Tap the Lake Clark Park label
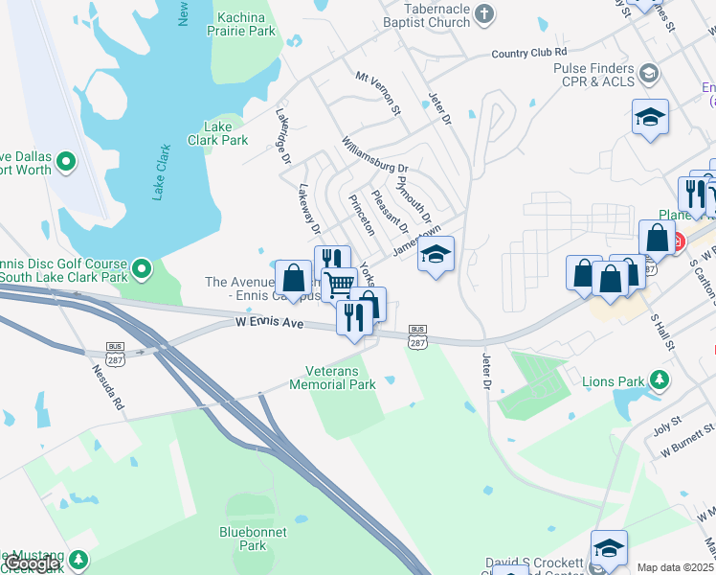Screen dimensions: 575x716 coord(225,133)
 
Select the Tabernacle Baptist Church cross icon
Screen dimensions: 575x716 coord(484,12)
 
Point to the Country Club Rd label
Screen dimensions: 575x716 coord(529,53)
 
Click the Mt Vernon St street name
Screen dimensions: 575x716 coord(376,92)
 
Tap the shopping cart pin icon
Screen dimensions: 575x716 coord(338,285)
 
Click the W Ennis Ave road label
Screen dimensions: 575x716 coord(270,325)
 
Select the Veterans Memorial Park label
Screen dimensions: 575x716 coord(340,378)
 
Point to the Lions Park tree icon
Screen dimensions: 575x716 coord(659,380)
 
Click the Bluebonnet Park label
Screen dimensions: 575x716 coord(241,538)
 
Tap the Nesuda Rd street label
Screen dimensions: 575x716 coord(107,384)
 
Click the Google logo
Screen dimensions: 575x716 coord(33,564)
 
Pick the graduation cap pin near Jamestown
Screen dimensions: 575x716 coord(436,254)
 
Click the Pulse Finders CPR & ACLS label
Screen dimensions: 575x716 coord(593,77)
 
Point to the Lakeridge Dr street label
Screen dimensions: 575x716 coord(284,134)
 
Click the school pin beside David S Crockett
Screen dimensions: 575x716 coord(609,548)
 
